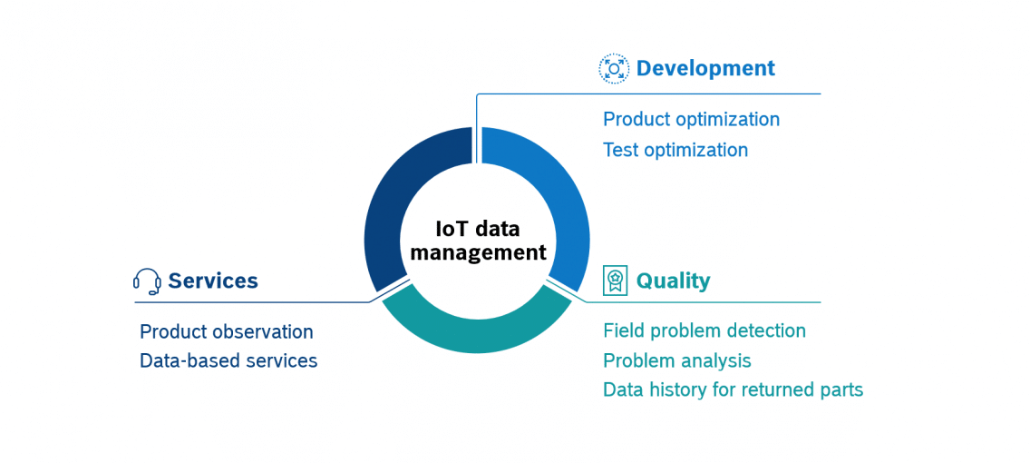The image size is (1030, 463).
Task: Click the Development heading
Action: tap(705, 69)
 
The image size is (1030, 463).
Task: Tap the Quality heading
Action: tap(673, 281)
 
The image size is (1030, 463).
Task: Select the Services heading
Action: tap(213, 281)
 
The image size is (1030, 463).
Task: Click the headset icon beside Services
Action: tap(147, 281)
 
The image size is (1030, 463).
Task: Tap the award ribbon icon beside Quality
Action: tap(615, 281)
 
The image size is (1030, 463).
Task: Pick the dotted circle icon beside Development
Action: tap(614, 69)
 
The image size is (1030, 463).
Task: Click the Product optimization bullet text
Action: tap(691, 120)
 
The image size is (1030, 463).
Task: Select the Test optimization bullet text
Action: tap(675, 151)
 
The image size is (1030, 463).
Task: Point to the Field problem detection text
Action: tap(704, 331)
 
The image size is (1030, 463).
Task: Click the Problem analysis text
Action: tap(676, 361)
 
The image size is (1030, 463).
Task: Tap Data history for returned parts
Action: tap(733, 390)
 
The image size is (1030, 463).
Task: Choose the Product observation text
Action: tap(226, 332)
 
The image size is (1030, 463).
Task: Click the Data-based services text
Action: tap(228, 361)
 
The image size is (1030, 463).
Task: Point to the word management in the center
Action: tap(478, 253)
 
